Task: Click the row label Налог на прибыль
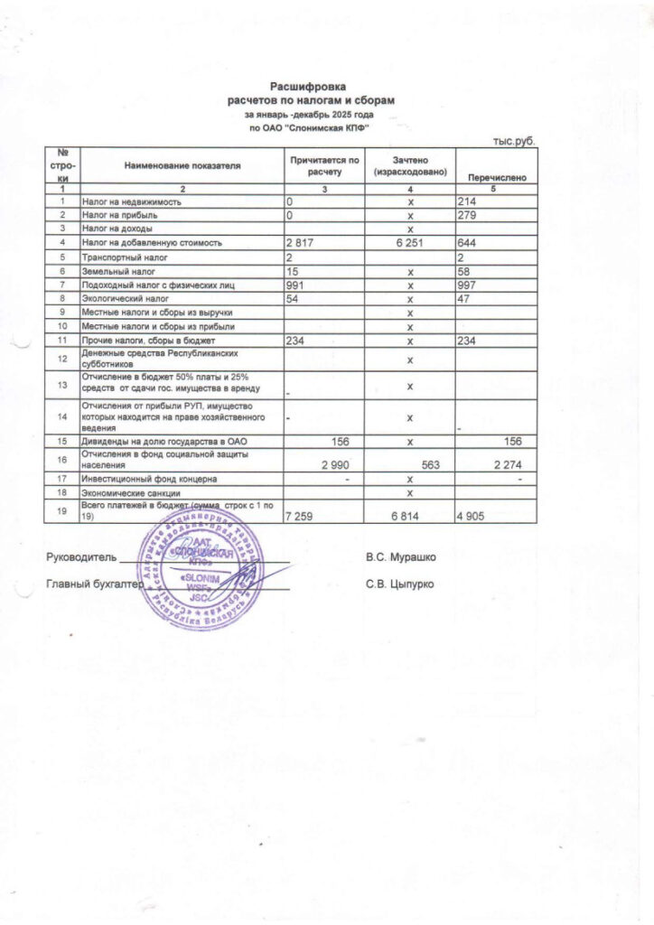[x=121, y=215]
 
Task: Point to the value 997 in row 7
[x=468, y=285]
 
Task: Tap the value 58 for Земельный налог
[x=464, y=271]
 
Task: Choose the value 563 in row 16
[x=424, y=464]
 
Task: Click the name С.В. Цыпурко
[x=400, y=584]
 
